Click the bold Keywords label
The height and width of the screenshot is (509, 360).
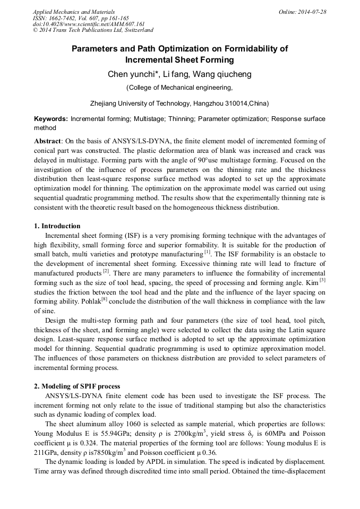(51, 119)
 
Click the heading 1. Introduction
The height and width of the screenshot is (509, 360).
(57, 226)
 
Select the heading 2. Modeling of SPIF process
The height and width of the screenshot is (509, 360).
(77, 386)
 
